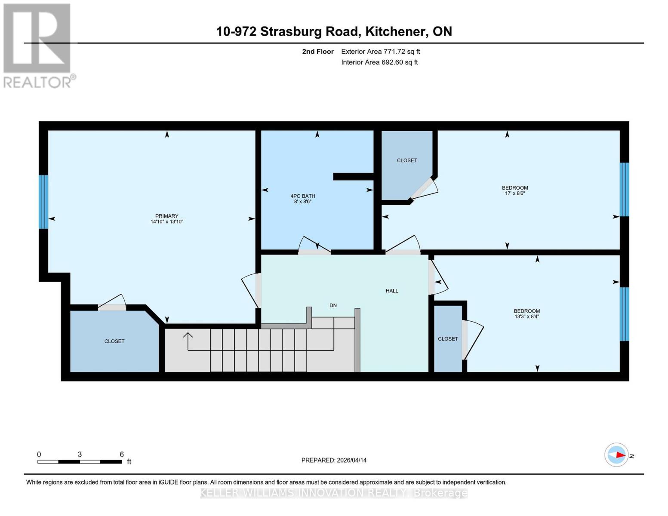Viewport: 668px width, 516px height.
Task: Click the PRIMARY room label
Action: pos(166,216)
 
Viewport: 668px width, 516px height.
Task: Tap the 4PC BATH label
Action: pos(303,196)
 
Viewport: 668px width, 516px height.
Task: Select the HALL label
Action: pos(391,291)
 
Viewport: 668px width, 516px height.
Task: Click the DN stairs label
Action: pos(333,305)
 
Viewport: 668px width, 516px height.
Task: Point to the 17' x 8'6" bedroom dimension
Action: pos(515,193)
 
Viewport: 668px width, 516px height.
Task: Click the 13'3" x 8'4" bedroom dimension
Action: pos(526,317)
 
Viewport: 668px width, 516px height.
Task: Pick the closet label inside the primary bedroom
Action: pos(114,341)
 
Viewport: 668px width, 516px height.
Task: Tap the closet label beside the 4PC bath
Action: pos(406,160)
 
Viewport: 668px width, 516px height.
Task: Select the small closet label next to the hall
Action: pos(448,339)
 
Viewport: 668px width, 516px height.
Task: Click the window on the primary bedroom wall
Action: pos(43,202)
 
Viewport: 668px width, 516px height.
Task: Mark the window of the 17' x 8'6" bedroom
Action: pos(624,189)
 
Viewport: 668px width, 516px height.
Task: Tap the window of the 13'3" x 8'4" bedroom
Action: pos(624,314)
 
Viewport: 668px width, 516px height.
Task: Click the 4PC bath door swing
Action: pos(314,244)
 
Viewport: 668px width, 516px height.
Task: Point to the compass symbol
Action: pos(616,455)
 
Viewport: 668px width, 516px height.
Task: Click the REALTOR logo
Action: pos(38,45)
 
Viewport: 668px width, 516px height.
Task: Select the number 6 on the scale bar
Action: pos(122,455)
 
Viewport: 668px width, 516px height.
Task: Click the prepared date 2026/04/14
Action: pos(351,460)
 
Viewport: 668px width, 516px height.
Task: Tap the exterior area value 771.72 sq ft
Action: pos(399,52)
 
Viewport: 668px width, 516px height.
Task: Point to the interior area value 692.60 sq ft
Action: pos(400,62)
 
